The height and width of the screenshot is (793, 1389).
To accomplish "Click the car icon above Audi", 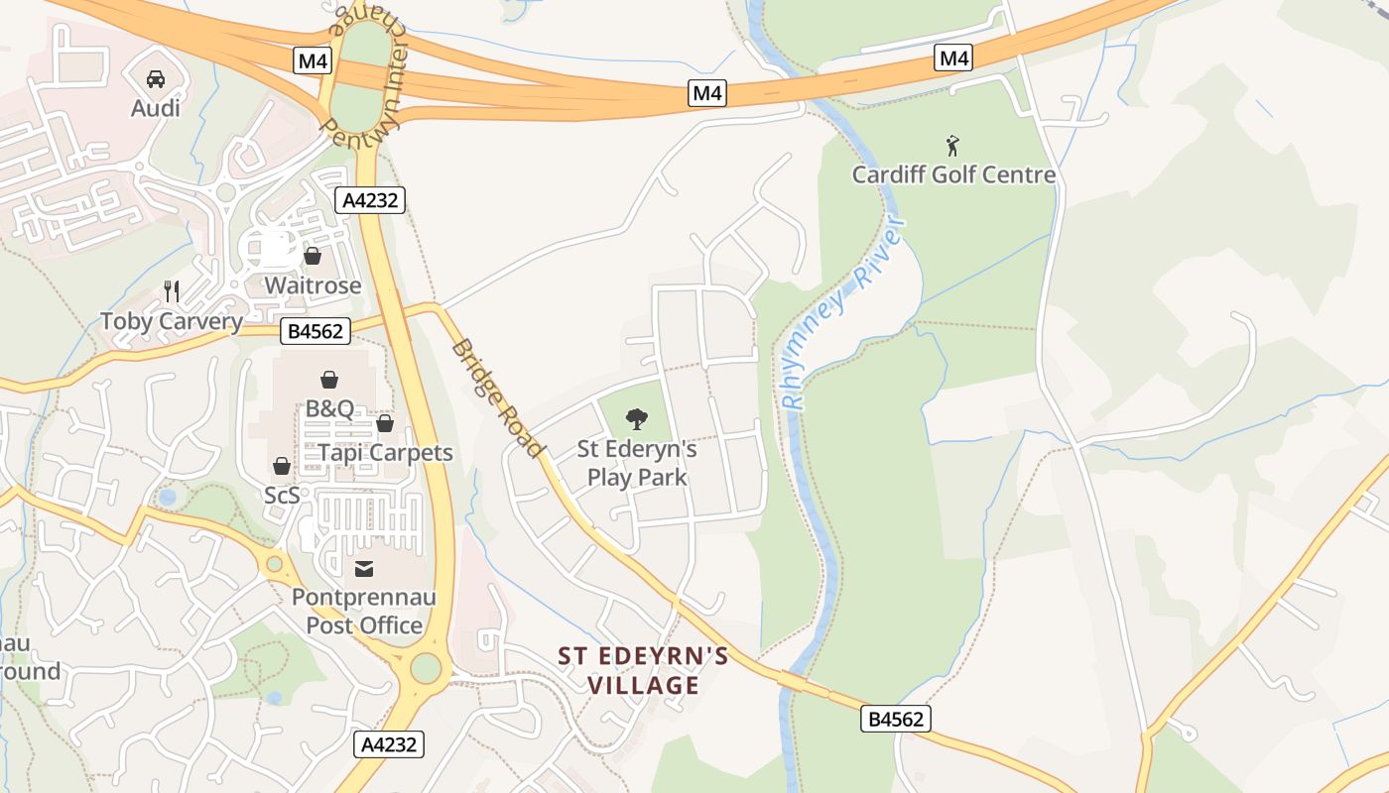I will pos(156,79).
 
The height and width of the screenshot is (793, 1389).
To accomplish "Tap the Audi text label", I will pos(156,107).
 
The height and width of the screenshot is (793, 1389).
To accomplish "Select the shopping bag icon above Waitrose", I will pos(313,257).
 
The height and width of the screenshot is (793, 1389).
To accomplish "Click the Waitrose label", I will pos(313,285).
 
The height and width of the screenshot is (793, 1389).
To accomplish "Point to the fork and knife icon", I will pos(172,291).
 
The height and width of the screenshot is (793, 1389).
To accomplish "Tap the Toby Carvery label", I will pos(172,321).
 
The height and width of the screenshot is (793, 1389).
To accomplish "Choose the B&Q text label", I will pos(329,407).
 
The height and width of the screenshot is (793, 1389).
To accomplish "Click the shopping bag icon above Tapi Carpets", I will pos(385,424).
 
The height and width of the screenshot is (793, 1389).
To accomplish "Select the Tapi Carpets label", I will pos(385,453).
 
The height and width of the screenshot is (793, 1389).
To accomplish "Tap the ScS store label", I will pos(282,495).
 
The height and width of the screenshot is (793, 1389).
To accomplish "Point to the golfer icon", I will pos(953,146).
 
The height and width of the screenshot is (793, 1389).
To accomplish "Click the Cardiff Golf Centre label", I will pos(953,174).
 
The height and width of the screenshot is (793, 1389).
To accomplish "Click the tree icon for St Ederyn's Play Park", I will pos(637,419).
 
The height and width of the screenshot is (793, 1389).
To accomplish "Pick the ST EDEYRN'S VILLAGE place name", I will pos(643,670).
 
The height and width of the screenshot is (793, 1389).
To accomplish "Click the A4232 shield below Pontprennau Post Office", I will pos(389,744).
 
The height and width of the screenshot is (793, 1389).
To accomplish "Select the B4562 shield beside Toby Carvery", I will pos(316,331).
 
